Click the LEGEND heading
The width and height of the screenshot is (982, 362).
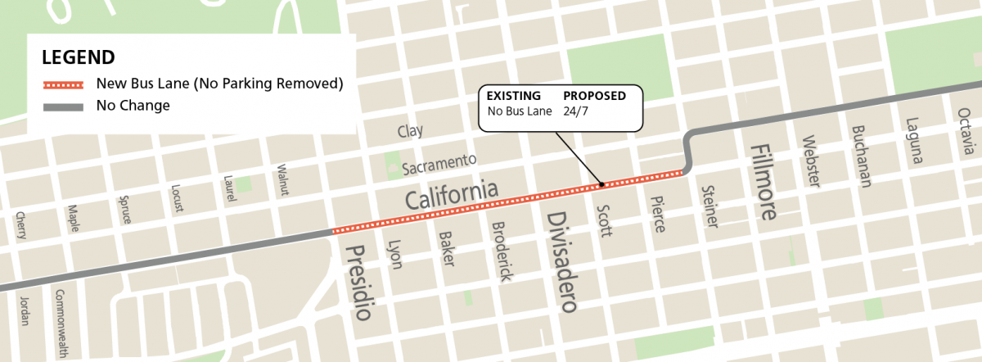(x=78, y=57)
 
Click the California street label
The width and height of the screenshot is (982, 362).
(x=452, y=196)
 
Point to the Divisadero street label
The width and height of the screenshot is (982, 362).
(x=562, y=261)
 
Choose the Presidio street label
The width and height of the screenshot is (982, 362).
(x=359, y=282)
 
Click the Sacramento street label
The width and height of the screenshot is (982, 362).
(x=439, y=163)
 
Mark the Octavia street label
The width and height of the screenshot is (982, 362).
(x=966, y=134)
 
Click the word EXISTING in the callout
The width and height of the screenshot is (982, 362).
(x=514, y=96)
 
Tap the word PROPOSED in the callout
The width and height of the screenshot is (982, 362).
(x=595, y=96)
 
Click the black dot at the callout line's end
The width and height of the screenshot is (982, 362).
(x=602, y=184)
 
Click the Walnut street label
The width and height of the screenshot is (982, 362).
(x=283, y=178)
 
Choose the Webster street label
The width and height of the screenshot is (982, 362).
(x=811, y=161)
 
